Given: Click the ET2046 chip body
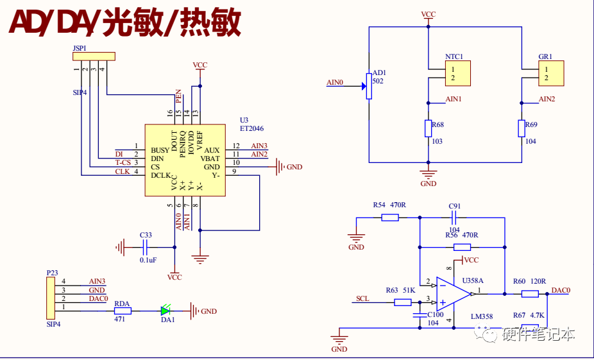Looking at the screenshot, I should [184, 160].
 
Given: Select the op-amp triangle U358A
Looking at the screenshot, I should [452, 293].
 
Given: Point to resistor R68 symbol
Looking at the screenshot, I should [428, 128].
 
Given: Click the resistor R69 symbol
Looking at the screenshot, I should [521, 128].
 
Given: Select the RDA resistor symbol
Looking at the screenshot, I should [123, 311].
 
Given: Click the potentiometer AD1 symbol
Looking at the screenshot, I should [369, 86].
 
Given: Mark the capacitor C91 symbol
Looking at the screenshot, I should [454, 218].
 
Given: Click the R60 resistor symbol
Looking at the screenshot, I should [529, 294].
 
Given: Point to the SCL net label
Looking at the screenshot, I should [362, 299].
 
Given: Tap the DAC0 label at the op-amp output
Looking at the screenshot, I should [561, 290].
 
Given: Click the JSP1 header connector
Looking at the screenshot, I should [93, 57].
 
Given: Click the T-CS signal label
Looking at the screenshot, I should [123, 162].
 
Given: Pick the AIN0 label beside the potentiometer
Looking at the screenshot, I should [335, 83].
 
